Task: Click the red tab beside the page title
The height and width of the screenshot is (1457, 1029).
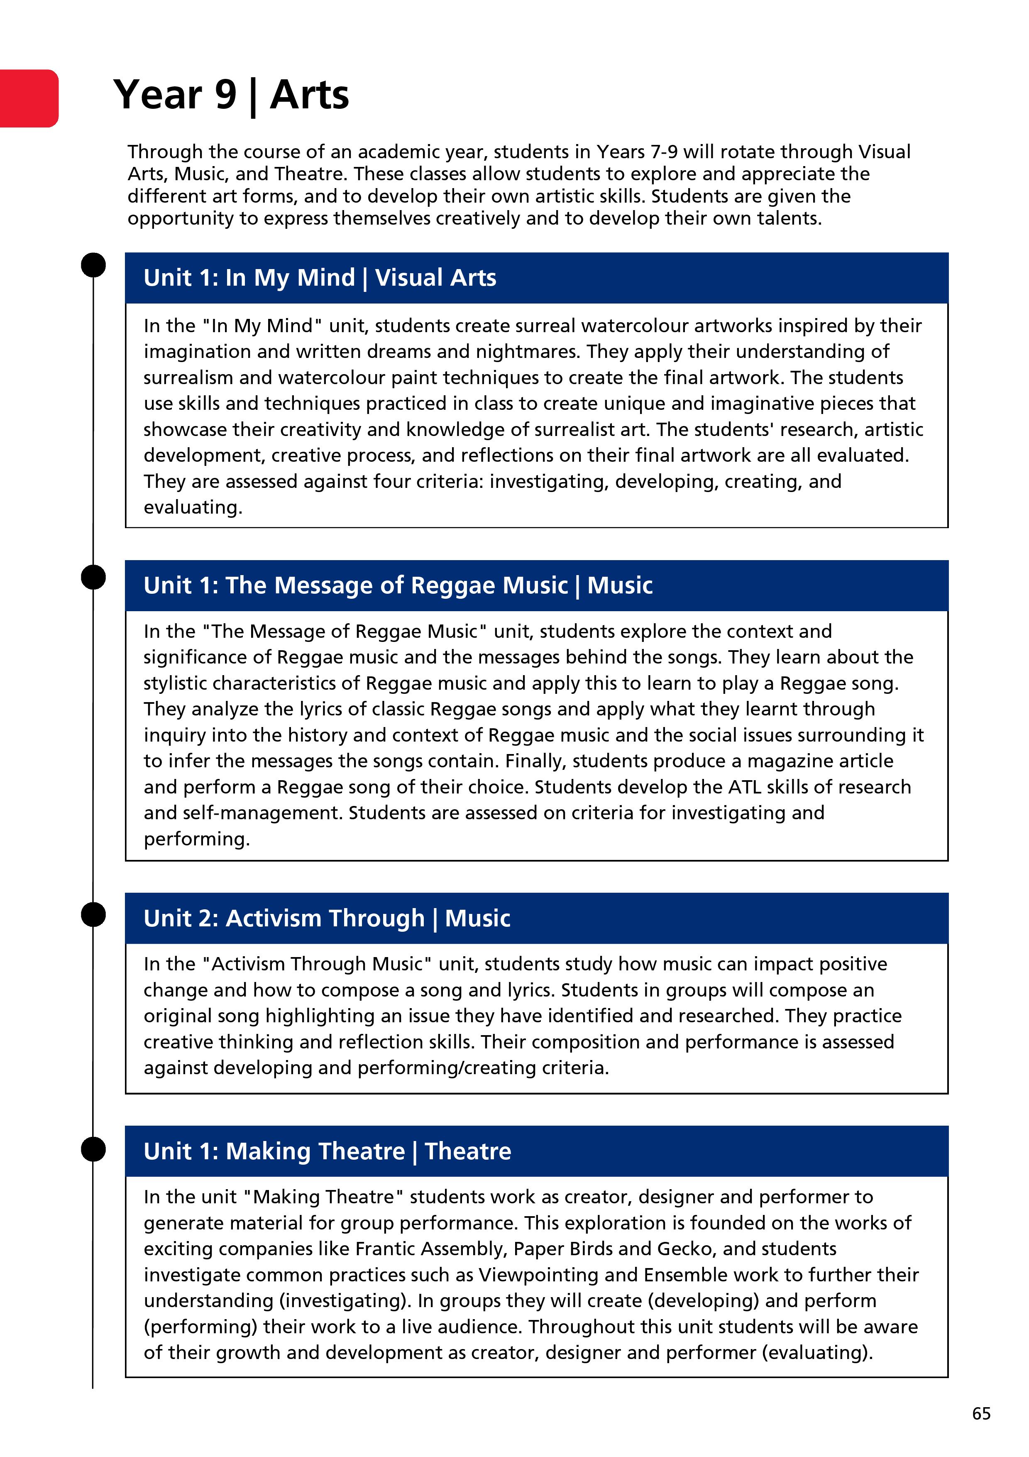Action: tap(29, 98)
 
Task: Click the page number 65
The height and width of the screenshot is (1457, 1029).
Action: tap(981, 1413)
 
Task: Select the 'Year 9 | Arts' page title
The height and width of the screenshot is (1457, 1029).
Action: tap(231, 95)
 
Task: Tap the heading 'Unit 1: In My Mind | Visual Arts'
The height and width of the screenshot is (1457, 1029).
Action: tap(320, 278)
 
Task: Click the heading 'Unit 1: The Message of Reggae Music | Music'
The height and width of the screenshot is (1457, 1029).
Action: tap(398, 585)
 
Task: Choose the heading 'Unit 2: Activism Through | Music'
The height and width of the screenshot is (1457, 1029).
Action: tap(327, 918)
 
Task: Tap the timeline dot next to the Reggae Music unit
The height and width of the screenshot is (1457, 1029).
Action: tap(93, 577)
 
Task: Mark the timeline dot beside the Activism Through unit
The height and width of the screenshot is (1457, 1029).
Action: tap(93, 914)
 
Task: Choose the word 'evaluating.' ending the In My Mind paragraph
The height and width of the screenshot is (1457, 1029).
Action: tap(193, 508)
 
